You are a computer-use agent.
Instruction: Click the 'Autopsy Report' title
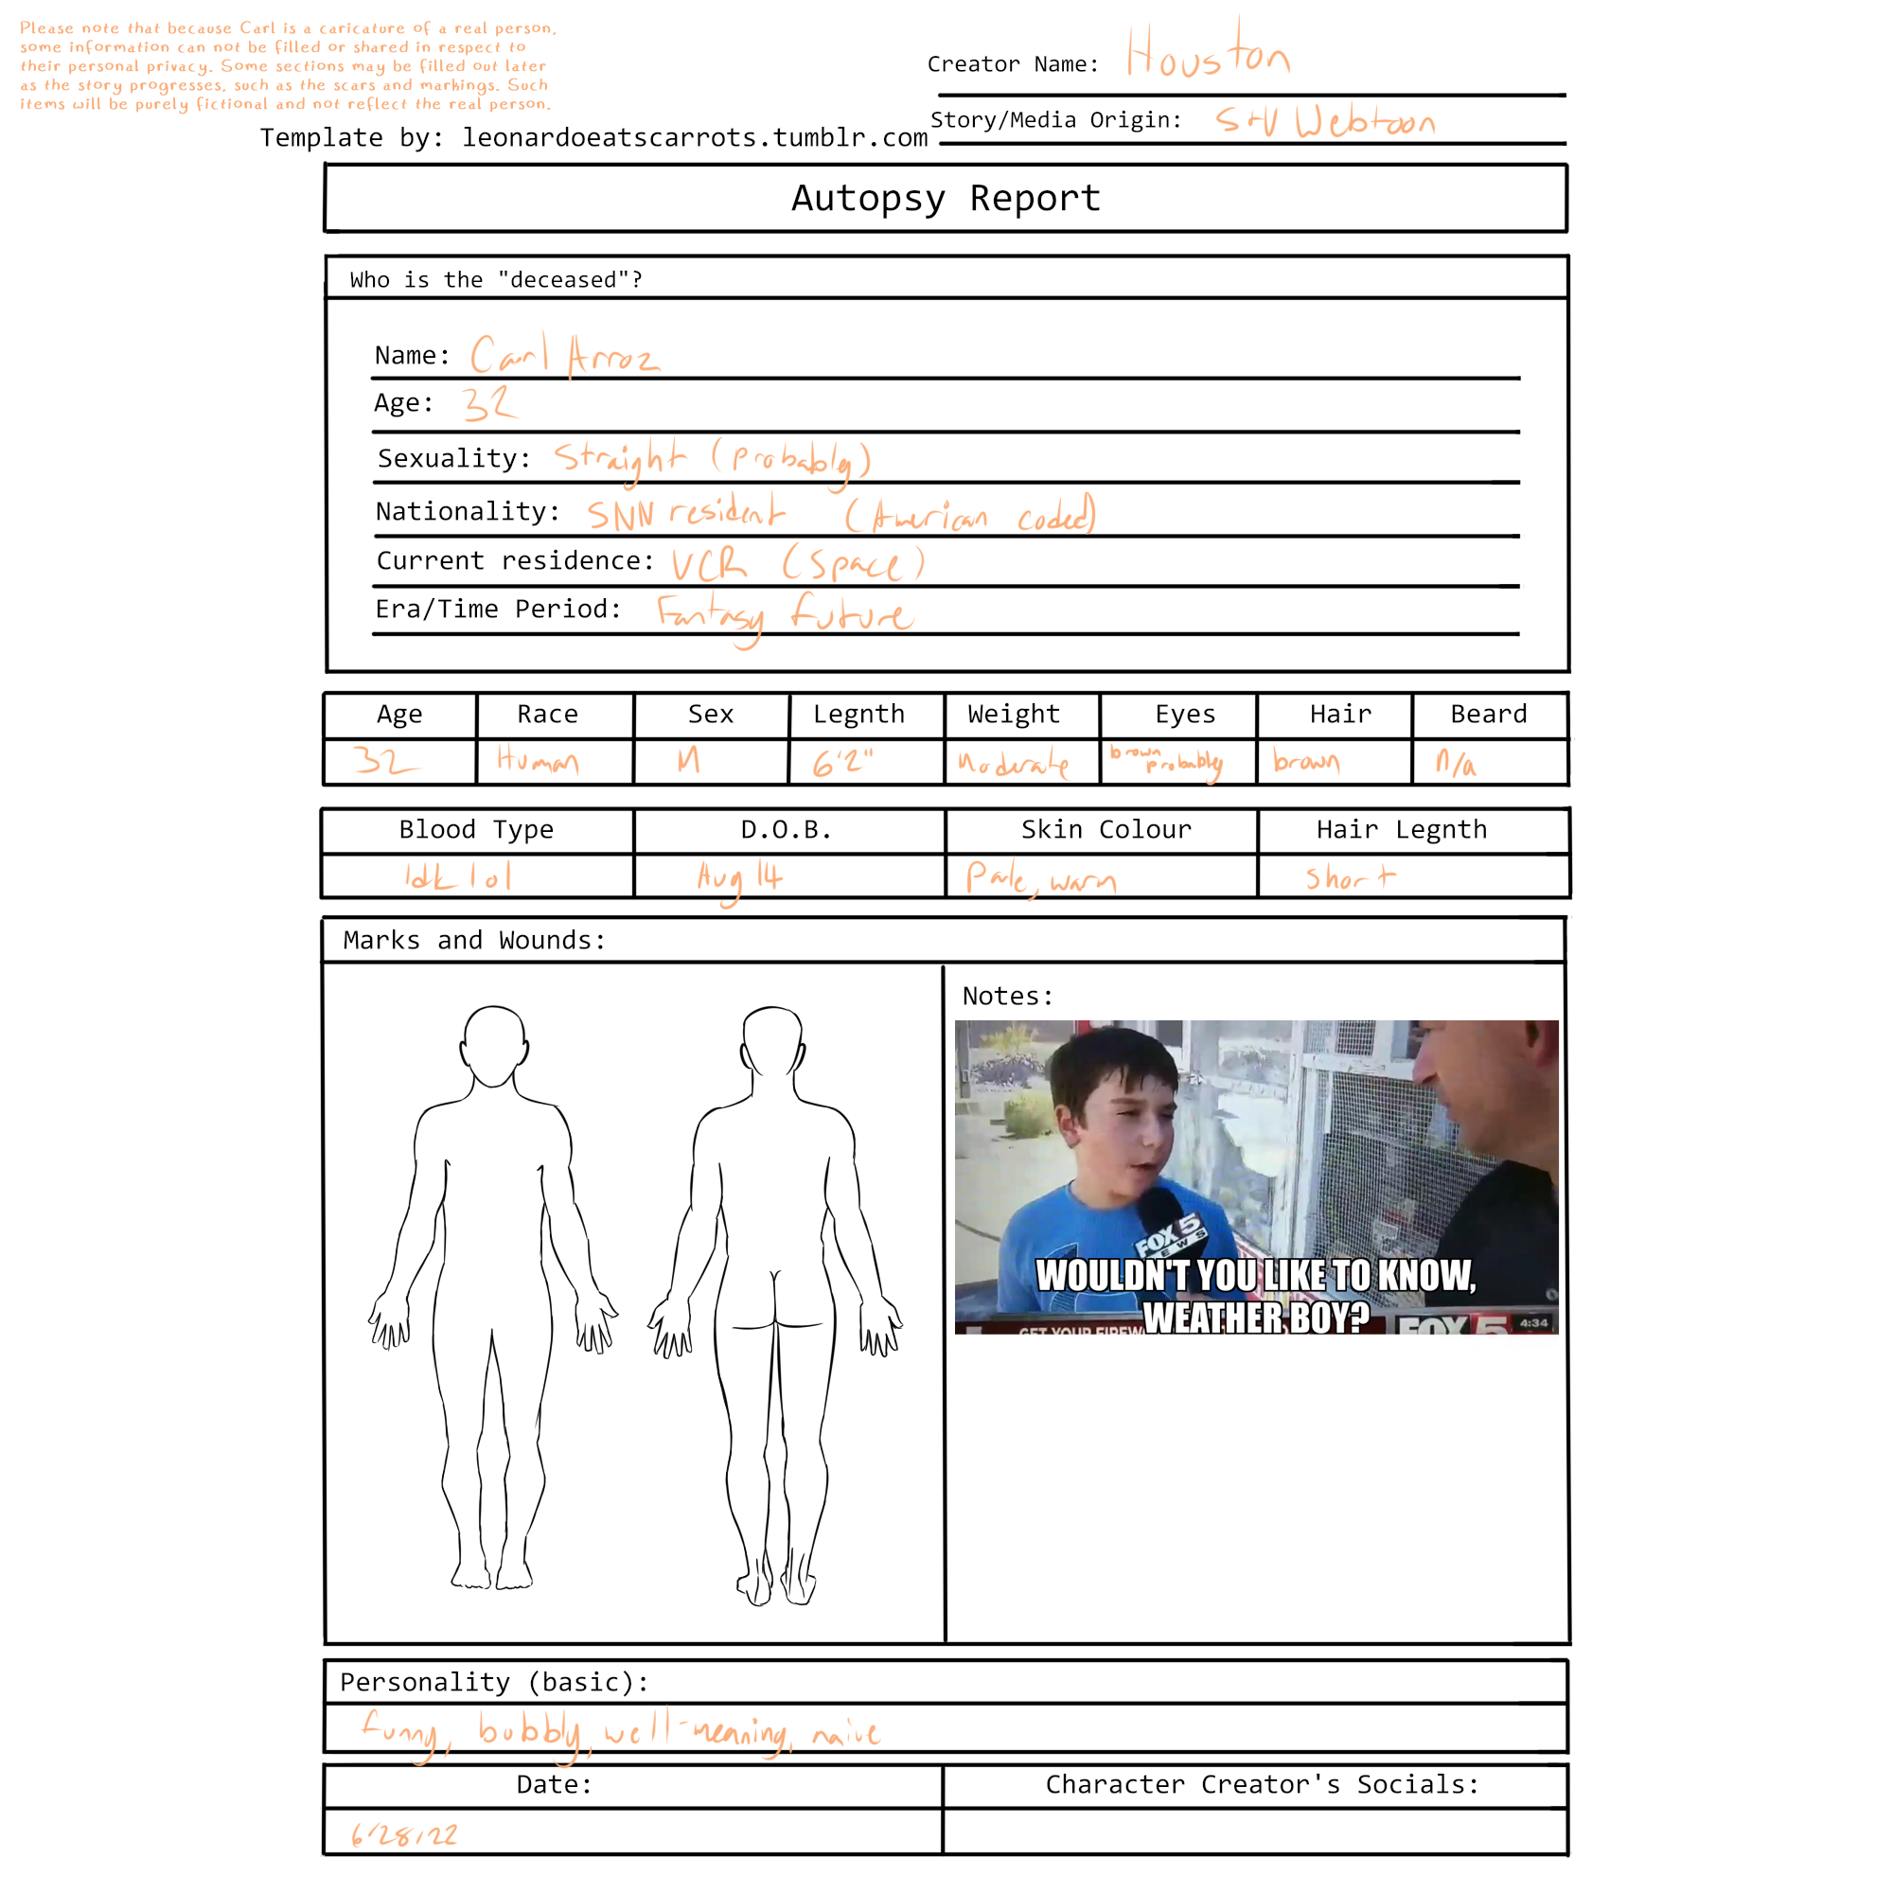pyautogui.click(x=946, y=199)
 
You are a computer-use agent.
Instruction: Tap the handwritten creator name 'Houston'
pyautogui.click(x=1207, y=54)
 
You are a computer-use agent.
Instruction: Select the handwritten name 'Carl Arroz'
pyautogui.click(x=564, y=355)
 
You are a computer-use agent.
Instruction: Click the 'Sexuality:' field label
pyautogui.click(x=453, y=458)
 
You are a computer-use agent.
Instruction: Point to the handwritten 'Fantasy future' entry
pyautogui.click(x=784, y=615)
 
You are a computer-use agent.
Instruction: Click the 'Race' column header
pyautogui.click(x=547, y=715)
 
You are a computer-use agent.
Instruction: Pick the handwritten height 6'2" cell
pyautogui.click(x=842, y=761)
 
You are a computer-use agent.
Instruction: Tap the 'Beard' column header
pyautogui.click(x=1487, y=715)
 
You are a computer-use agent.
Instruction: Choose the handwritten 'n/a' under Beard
pyautogui.click(x=1455, y=762)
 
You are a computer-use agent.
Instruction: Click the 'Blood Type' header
pyautogui.click(x=476, y=830)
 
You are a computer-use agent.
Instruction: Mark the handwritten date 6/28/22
pyautogui.click(x=405, y=1834)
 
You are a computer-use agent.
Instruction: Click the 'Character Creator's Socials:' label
pyautogui.click(x=1261, y=1784)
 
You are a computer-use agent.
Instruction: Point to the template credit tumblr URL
pyautogui.click(x=695, y=138)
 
